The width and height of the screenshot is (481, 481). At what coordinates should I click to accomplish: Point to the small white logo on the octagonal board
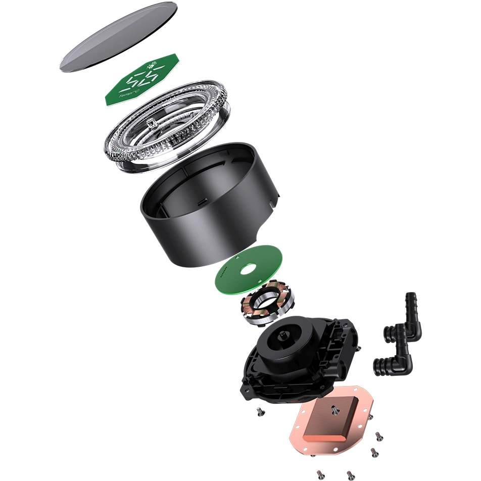pos(151,65)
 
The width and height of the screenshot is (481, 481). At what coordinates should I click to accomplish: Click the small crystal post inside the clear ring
pos(150,122)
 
